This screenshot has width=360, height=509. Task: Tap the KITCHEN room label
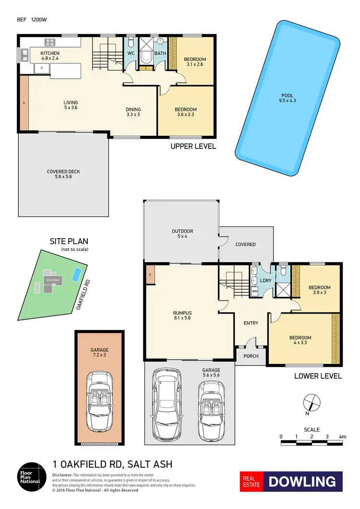[49, 56]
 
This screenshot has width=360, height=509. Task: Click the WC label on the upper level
[131, 53]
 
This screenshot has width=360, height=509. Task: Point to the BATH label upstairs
[160, 53]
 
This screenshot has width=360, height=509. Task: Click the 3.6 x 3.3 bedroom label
[185, 112]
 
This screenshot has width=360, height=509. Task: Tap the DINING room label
[133, 112]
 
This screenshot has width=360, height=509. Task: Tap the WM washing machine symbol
[254, 291]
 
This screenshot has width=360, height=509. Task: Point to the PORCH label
[251, 356]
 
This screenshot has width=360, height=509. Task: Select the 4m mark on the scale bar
[342, 436]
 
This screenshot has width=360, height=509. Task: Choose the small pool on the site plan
[75, 275]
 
